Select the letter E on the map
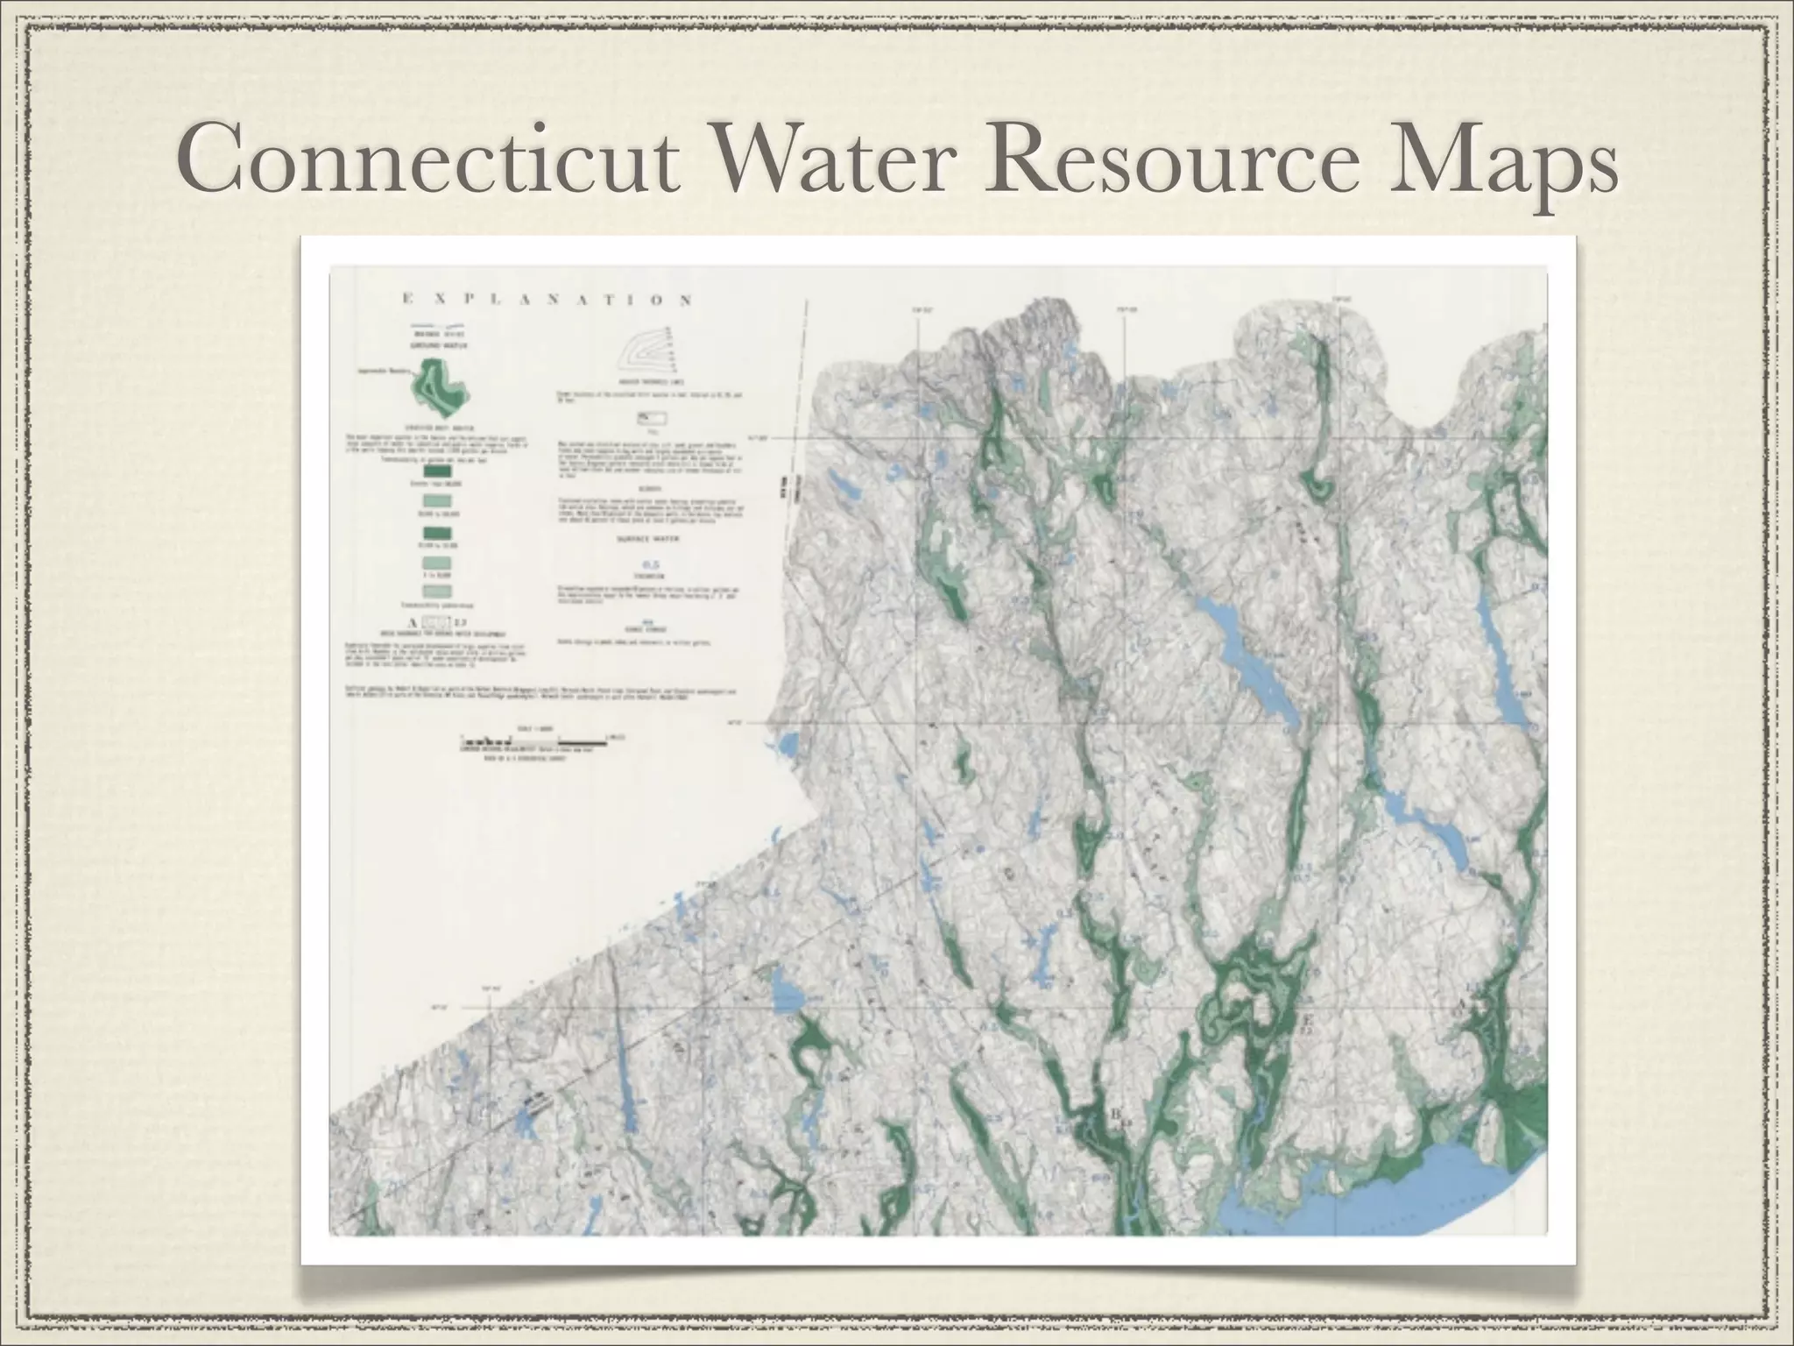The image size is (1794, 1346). click(x=1309, y=1020)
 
